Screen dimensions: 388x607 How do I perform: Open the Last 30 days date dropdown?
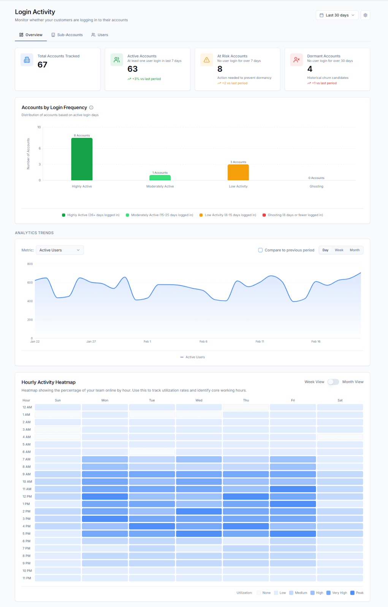pos(337,15)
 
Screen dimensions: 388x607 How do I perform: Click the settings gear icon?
pos(366,15)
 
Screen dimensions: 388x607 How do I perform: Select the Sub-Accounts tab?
pos(67,35)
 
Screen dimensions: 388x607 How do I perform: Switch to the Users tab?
pos(100,35)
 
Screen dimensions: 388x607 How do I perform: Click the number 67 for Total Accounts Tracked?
pos(42,65)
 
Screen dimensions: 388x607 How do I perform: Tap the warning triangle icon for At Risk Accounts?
pos(207,60)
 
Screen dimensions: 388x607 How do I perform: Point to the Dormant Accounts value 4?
pos(310,69)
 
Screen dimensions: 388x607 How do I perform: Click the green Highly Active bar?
pos(82,159)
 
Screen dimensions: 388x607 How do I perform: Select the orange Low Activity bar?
pos(238,172)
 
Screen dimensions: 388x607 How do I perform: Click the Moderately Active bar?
pos(160,178)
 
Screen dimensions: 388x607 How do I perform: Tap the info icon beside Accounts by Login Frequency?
pos(91,108)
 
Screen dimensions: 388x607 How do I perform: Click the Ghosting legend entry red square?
pos(264,215)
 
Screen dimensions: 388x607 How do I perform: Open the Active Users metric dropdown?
pos(60,250)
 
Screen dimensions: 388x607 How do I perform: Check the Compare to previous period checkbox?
pos(260,250)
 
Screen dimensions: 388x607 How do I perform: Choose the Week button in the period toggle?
pos(339,250)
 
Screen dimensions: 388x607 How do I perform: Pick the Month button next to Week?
pos(354,250)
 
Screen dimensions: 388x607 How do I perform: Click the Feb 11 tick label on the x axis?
pos(260,341)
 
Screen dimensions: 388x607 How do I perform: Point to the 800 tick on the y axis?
pos(30,264)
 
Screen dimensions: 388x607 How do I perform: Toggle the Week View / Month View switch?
pos(333,382)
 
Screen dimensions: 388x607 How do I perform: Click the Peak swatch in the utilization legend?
pos(352,593)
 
